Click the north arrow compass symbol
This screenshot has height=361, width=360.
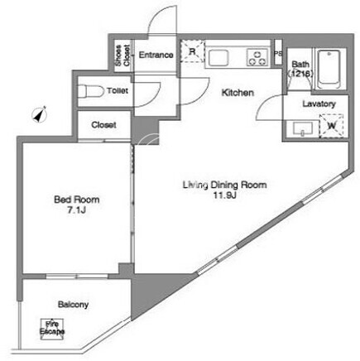point(41,114)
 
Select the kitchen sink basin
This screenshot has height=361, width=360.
point(218,58)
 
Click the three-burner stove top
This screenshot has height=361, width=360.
point(257,57)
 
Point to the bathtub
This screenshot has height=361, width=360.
point(329,69)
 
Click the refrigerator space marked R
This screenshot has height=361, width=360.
point(193,51)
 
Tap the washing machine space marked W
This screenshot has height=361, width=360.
point(332,126)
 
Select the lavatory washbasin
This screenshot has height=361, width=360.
point(303,128)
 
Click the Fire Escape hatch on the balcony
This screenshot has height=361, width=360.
point(52,330)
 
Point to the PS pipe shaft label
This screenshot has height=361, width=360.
point(278,54)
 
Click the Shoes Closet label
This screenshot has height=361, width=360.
point(122,55)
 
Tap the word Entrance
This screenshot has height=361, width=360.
point(156,55)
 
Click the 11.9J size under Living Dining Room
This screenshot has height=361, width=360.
point(224,195)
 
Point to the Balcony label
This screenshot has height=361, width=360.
point(73,305)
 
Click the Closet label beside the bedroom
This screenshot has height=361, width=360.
point(103,125)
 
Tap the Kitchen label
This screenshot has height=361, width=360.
point(238,93)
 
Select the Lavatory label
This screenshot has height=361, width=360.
point(319,104)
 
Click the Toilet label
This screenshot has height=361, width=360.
point(118,90)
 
